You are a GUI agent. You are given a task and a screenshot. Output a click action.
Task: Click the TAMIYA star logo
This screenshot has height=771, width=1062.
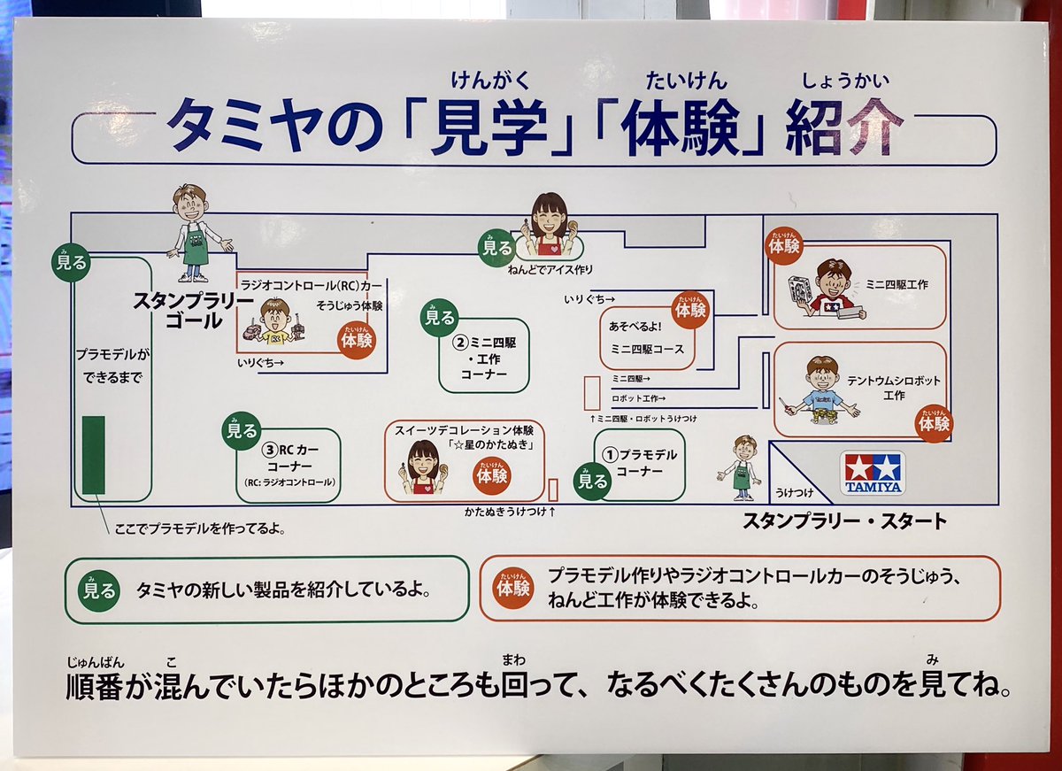click(873, 473)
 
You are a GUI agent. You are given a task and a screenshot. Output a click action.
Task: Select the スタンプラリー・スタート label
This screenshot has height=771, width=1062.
click(844, 521)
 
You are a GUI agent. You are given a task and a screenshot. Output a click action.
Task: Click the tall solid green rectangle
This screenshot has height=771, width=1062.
click(94, 455)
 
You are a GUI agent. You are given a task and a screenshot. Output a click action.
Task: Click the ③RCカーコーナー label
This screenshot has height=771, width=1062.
click(291, 457)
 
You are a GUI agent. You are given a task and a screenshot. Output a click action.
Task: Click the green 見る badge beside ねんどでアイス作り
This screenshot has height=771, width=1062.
click(497, 248)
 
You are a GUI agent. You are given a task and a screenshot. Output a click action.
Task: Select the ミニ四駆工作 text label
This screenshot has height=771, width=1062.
click(897, 284)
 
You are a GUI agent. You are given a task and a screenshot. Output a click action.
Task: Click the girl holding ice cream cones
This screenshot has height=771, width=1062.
click(549, 227)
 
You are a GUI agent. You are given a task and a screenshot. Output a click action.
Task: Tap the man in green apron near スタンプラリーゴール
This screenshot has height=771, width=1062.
click(193, 232)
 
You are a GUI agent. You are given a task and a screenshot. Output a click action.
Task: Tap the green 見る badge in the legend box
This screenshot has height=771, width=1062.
click(99, 590)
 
